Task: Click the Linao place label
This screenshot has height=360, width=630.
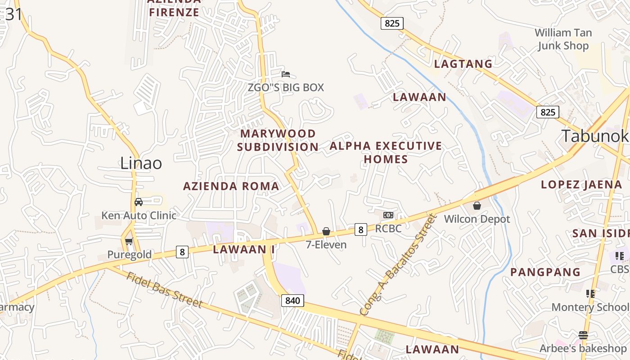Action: pos(141,163)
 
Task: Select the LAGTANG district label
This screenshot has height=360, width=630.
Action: pos(463,64)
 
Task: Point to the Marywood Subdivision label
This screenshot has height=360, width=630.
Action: pos(278,140)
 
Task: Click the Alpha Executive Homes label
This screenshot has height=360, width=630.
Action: pos(386,153)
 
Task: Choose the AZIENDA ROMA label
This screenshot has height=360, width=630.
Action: pos(231,186)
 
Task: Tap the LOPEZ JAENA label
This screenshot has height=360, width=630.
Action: pos(581,184)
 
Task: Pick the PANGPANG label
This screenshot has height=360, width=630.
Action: pos(545,272)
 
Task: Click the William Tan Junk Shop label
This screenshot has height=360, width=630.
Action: pos(562,39)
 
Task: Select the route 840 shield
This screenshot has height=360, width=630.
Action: pos(292,301)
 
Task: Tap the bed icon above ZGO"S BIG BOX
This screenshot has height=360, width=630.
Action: pos(285,74)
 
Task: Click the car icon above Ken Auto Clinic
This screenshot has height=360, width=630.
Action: pos(139,202)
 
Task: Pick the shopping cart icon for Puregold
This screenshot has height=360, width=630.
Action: pos(129,241)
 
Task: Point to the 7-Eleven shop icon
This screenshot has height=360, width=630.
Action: pos(326,231)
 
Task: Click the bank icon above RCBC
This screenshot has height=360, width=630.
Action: pos(388,215)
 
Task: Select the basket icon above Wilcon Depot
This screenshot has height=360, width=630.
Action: pos(477,206)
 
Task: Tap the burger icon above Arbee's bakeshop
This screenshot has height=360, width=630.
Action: pos(583,335)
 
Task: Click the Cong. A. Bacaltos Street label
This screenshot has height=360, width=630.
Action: pos(399,265)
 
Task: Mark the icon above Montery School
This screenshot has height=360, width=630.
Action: pos(590,294)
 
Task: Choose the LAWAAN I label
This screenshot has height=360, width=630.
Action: pos(243,249)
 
